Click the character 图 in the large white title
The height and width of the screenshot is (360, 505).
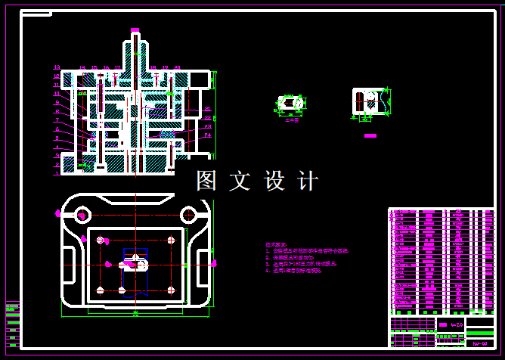point(206,182)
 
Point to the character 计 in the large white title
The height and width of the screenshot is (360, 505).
point(308,182)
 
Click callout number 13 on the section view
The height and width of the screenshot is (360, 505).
point(57,68)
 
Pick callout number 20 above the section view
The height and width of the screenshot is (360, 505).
point(177,68)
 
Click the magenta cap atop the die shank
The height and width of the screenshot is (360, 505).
point(135,31)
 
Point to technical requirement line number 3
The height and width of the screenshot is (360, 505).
point(294,264)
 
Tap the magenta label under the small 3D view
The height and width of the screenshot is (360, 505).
point(292,119)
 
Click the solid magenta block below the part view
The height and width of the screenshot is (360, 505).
point(370,136)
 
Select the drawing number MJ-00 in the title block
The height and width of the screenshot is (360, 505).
point(479,343)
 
